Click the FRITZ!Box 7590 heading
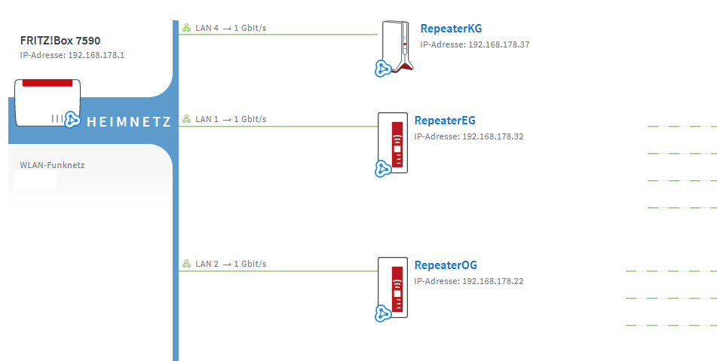[x=60, y=41]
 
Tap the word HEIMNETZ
[x=129, y=121]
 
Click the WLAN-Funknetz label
[x=52, y=164]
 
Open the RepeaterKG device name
[x=451, y=29]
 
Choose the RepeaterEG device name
[x=445, y=121]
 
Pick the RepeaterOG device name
[x=446, y=265]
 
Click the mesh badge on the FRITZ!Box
[x=72, y=119]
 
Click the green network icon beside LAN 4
[x=185, y=28]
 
